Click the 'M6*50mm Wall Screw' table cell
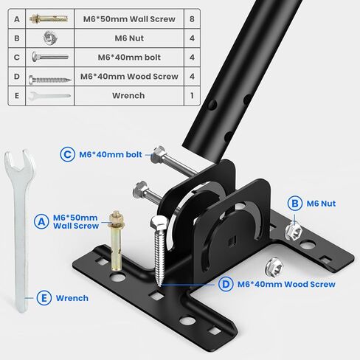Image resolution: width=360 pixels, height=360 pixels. (128, 18)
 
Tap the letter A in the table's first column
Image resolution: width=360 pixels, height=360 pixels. (16, 18)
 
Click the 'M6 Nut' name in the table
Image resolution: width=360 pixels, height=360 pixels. (128, 37)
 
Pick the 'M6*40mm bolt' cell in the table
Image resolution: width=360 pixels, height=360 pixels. (128, 56)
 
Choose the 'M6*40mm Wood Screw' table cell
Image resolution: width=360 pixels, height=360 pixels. (128, 75)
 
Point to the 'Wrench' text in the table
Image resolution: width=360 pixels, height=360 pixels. (128, 95)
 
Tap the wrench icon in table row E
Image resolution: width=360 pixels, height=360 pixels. (49, 95)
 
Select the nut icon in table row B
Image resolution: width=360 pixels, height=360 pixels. (49, 37)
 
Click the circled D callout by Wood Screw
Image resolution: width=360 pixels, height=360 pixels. (225, 284)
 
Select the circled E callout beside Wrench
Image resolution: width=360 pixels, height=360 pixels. (44, 298)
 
